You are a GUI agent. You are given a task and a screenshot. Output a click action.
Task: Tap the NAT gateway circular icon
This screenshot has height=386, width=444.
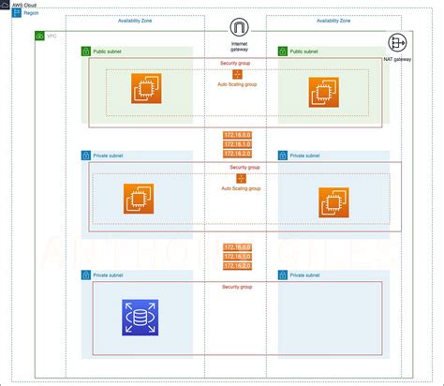click(397, 43)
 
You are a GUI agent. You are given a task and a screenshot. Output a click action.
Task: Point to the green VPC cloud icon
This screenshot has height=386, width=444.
click(38, 36)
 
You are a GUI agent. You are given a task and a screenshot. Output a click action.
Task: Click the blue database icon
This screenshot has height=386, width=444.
click(140, 317)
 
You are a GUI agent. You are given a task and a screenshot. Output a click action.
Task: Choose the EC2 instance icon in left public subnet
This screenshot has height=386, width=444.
click(146, 90)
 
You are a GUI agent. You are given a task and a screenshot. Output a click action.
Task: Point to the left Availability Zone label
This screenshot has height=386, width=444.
click(137, 20)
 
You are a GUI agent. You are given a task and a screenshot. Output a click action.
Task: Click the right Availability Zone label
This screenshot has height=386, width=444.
click(334, 20)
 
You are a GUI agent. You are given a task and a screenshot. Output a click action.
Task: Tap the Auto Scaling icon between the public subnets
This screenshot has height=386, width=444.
click(237, 73)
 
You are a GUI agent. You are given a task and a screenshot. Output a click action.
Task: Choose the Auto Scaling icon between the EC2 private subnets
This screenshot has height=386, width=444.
click(240, 178)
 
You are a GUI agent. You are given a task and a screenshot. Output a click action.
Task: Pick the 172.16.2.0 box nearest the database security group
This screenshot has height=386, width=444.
click(238, 266)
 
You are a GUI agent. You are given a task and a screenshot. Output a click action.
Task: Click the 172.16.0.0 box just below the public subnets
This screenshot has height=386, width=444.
click(238, 136)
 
